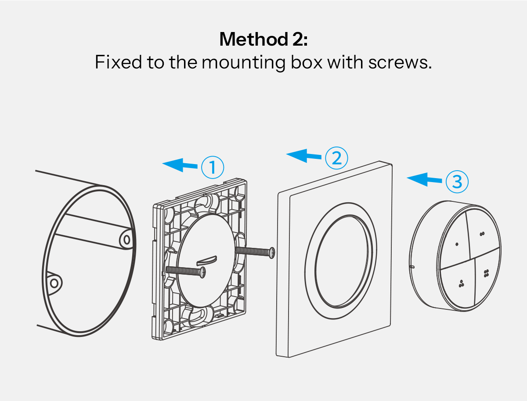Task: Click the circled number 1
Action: pyautogui.click(x=213, y=167)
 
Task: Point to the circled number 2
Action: pyautogui.click(x=337, y=158)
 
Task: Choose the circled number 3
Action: pyautogui.click(x=457, y=181)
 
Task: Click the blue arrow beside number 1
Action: pyautogui.click(x=180, y=165)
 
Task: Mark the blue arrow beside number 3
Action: pyautogui.click(x=425, y=179)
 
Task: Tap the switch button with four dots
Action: pyautogui.click(x=486, y=273)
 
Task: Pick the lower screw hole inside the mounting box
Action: pyautogui.click(x=54, y=283)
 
